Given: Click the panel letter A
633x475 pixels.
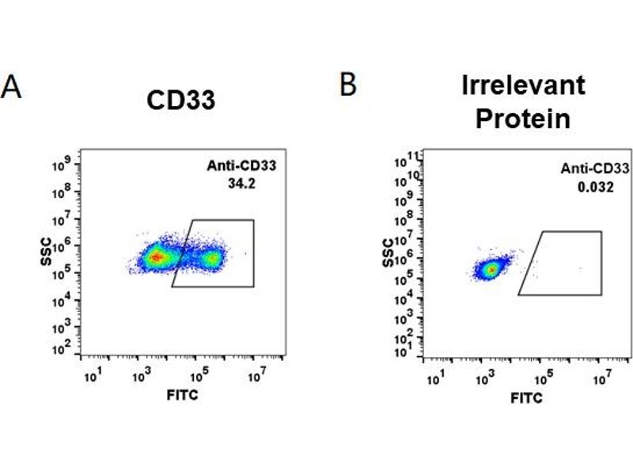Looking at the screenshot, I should point(11,86).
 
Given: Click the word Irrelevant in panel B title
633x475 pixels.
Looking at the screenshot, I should point(523,85).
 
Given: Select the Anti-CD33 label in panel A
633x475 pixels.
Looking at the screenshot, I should point(240,165).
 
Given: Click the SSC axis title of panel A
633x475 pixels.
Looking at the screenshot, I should point(49,253).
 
